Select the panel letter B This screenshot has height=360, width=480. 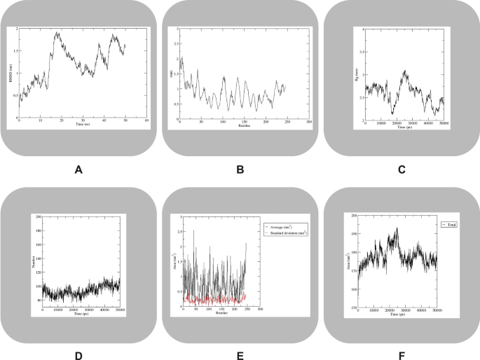(240, 168)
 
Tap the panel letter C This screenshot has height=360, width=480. (400, 168)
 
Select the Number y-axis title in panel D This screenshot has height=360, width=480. (32, 261)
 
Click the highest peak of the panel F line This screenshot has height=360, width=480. (397, 228)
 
